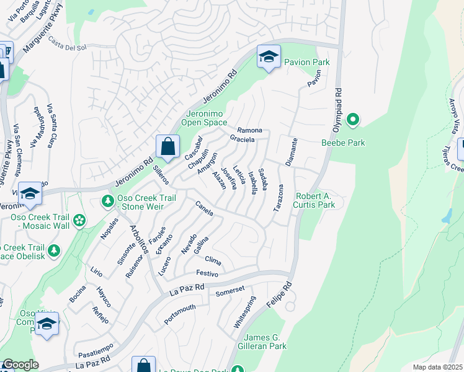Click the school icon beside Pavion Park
point(269,57)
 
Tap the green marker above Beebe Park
point(353,119)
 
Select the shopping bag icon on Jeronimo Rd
point(167,148)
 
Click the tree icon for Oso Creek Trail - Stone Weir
point(108,201)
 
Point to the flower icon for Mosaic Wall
point(79,220)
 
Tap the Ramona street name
point(250,131)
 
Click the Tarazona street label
point(279,198)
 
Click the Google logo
point(20,365)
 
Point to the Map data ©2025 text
point(437,367)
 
